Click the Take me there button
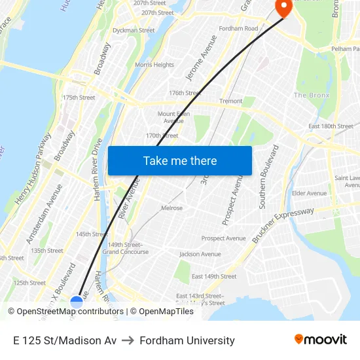pyautogui.click(x=180, y=161)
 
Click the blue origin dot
pyautogui.click(x=77, y=302)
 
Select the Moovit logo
pyautogui.click(x=320, y=340)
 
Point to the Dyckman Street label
pyautogui.click(x=134, y=30)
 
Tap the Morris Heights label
pyautogui.click(x=154, y=65)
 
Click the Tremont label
pyautogui.click(x=231, y=101)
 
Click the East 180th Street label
pyautogui.click(x=331, y=126)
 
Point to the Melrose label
pyautogui.click(x=171, y=208)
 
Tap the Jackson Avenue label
pyautogui.click(x=200, y=254)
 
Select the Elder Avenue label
pyautogui.click(x=309, y=193)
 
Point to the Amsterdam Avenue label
pyautogui.click(x=45, y=214)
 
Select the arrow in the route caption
pyautogui.click(x=128, y=340)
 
